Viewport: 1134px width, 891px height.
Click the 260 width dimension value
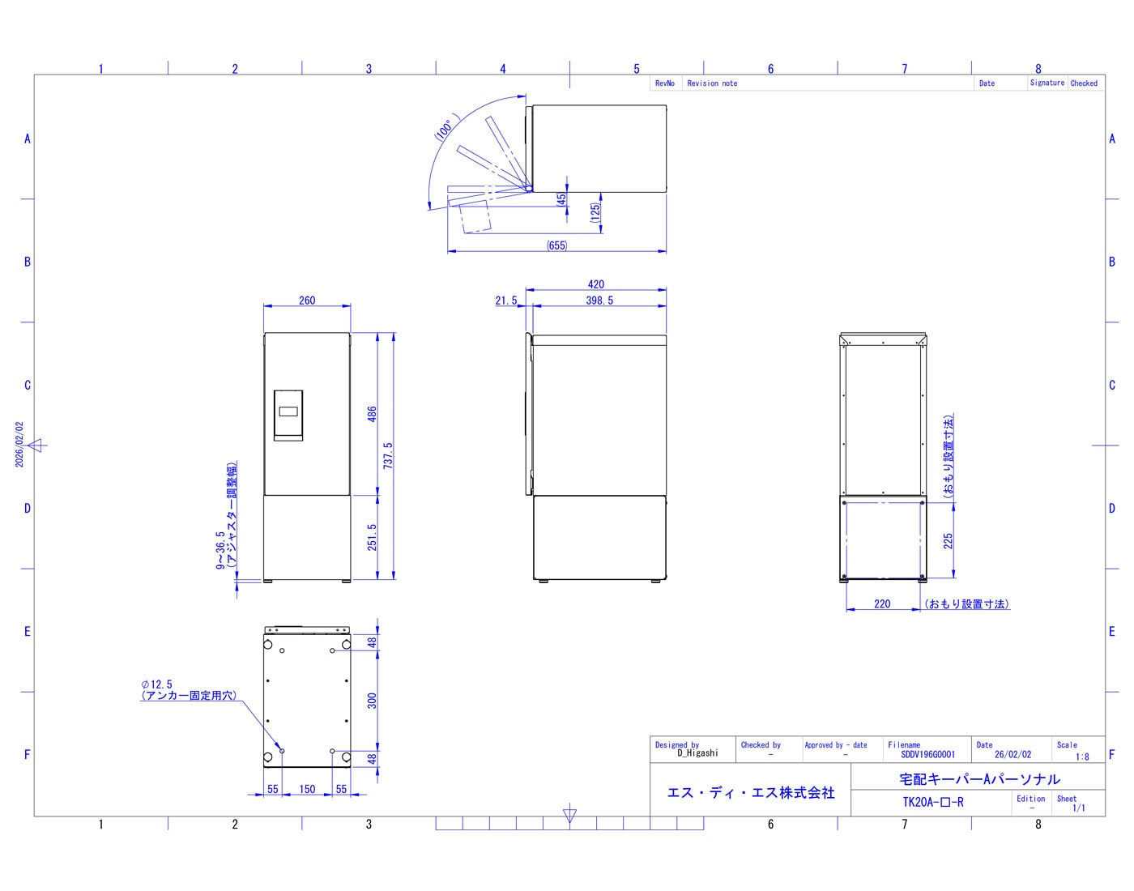(307, 301)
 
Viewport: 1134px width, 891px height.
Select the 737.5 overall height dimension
(388, 455)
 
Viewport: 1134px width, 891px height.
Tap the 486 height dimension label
(372, 414)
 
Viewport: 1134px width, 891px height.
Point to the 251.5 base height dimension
(372, 537)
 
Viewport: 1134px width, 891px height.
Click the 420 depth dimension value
(595, 284)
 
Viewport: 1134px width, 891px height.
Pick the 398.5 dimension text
(599, 301)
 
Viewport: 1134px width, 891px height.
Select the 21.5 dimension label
(505, 301)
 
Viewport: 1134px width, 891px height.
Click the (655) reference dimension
(556, 245)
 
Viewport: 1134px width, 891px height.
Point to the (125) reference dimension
(595, 213)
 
